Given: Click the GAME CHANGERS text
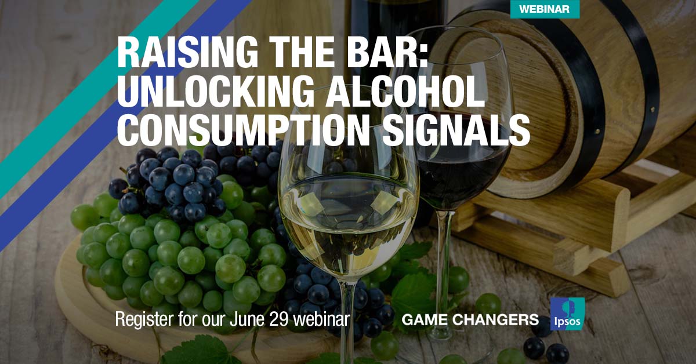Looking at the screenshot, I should tap(470, 319).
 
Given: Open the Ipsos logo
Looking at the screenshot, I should tap(567, 314).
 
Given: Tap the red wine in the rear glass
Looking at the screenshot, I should tap(464, 174).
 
